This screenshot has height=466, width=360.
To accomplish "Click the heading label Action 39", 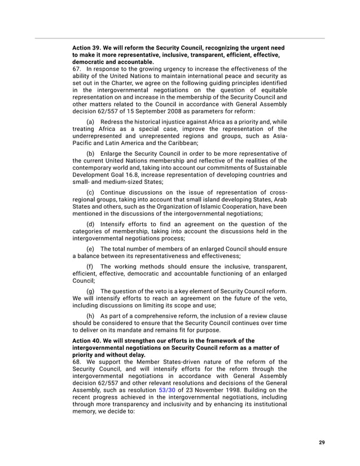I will [x=86, y=48].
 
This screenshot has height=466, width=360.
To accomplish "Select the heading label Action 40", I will [x=86, y=341].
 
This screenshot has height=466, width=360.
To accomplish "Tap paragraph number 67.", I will [x=77, y=69].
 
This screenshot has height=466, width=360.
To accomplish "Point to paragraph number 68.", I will [x=77, y=362].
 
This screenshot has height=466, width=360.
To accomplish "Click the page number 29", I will [x=322, y=442].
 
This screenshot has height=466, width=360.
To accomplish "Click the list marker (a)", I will [x=90, y=122].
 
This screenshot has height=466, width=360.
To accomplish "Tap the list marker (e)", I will [x=90, y=249].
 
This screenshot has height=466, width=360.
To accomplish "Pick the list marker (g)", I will [x=90, y=291].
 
